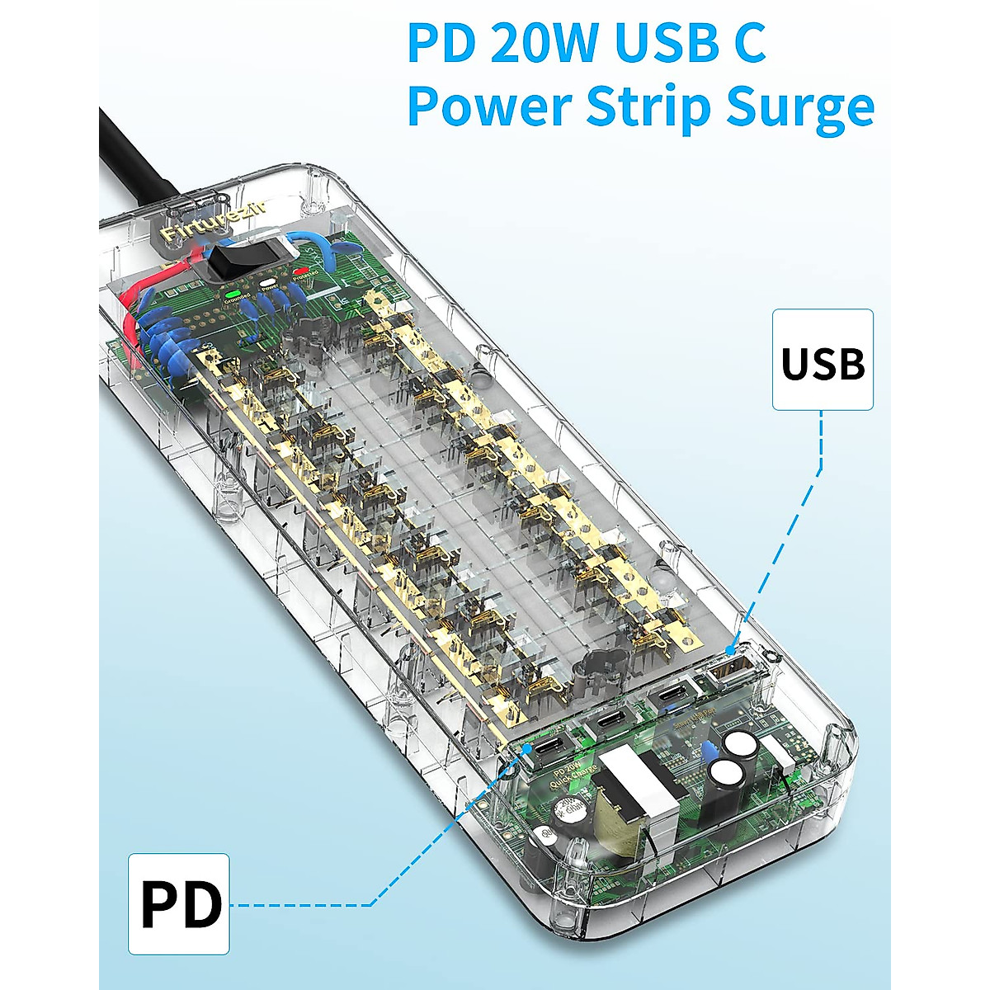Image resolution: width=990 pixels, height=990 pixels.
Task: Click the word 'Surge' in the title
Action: pos(799,107)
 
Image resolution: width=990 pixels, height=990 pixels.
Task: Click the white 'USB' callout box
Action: pos(823,360)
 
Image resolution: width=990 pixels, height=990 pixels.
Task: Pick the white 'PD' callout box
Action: pos(179,904)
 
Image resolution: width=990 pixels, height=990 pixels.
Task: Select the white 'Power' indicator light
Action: pos(266,283)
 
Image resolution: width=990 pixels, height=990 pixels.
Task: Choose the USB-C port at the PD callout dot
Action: pos(548,747)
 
